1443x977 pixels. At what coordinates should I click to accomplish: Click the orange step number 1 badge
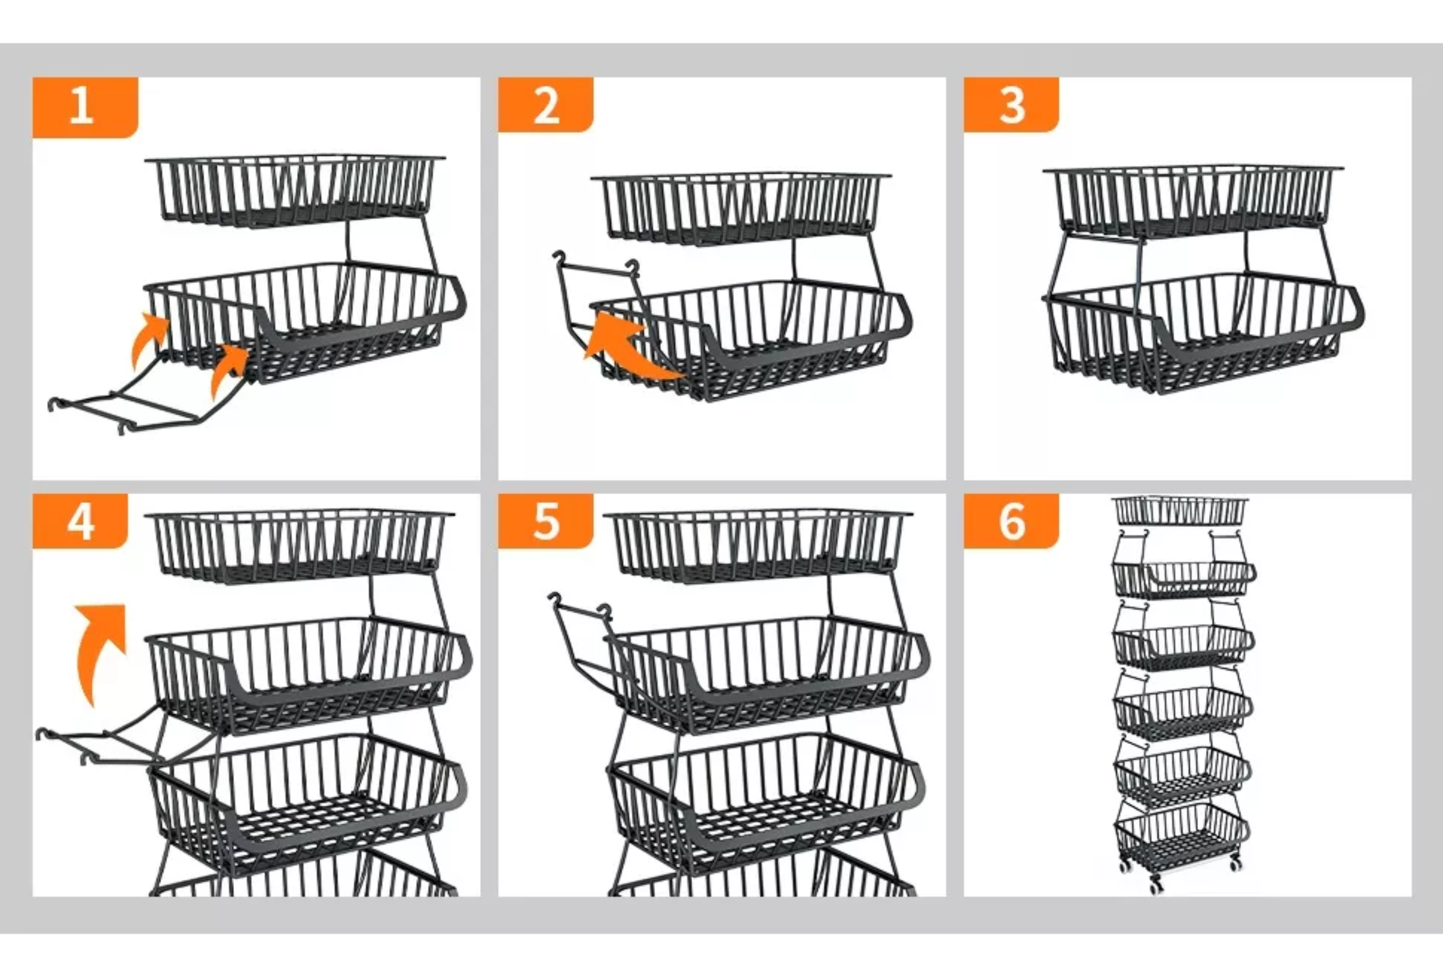pos(85,107)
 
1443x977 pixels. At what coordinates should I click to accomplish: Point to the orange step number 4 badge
pos(80,522)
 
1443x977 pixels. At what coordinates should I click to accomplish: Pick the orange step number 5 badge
pos(546,522)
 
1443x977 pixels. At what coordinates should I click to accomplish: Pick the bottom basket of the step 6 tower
pos(1181,835)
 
